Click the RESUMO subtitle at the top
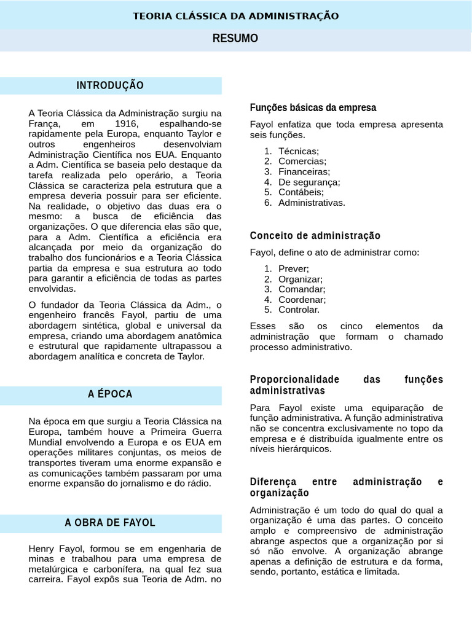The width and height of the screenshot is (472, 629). pyautogui.click(x=235, y=39)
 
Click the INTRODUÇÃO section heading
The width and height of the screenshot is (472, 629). pyautogui.click(x=110, y=85)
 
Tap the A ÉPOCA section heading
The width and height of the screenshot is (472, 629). pyautogui.click(x=110, y=394)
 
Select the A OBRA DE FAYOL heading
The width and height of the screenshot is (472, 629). pyautogui.click(x=110, y=523)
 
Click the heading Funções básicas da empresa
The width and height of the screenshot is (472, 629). pyautogui.click(x=313, y=107)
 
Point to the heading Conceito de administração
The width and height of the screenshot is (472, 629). pyautogui.click(x=315, y=235)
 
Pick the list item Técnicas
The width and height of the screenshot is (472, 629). pyautogui.click(x=299, y=150)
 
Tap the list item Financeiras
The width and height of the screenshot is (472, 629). pyautogui.click(x=304, y=171)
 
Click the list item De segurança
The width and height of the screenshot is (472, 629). pyautogui.click(x=309, y=182)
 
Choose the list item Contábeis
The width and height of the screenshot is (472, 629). pyautogui.click(x=301, y=192)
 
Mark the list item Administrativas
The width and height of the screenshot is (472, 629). pyautogui.click(x=312, y=202)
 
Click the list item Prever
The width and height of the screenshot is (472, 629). pyautogui.click(x=293, y=268)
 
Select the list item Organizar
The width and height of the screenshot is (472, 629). pyautogui.click(x=300, y=279)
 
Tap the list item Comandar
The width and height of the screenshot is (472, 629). pyautogui.click(x=301, y=289)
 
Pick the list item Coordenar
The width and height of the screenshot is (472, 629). pyautogui.click(x=302, y=299)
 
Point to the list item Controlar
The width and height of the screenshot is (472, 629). pyautogui.click(x=299, y=310)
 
